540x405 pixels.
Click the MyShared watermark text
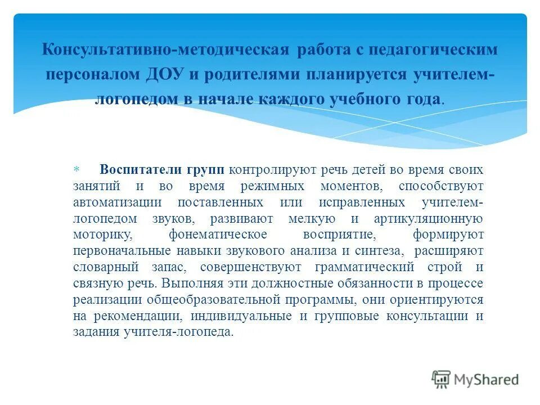[487, 380]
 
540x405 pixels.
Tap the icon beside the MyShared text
[441, 379]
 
